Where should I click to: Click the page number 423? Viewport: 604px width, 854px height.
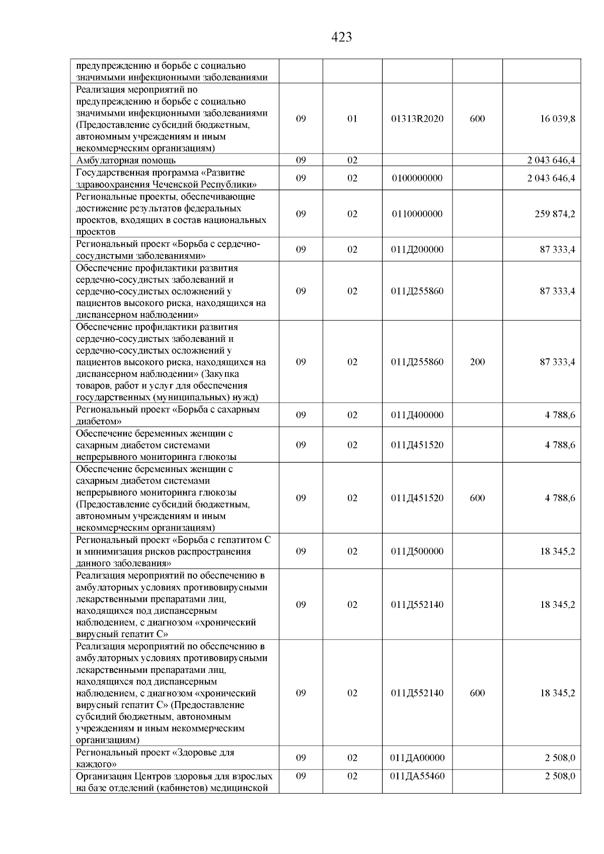pyautogui.click(x=342, y=37)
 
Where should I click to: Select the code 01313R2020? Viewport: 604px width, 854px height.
pyautogui.click(x=417, y=119)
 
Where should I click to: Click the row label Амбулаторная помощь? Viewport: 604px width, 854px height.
pyautogui.click(x=126, y=161)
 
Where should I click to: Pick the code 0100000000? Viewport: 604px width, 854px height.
pyautogui.click(x=417, y=178)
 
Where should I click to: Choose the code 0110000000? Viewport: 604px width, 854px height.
pyautogui.click(x=417, y=214)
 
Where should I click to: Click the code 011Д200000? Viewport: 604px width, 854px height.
pyautogui.click(x=417, y=250)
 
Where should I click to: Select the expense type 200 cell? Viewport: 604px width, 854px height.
pyautogui.click(x=477, y=362)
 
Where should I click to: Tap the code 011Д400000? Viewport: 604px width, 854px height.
pyautogui.click(x=417, y=415)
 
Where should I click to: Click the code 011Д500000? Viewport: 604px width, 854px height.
pyautogui.click(x=417, y=551)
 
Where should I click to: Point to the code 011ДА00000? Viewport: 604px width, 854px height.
pyautogui.click(x=417, y=758)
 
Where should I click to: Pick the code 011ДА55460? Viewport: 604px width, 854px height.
pyautogui.click(x=417, y=776)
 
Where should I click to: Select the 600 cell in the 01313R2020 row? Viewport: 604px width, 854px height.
pyautogui.click(x=477, y=119)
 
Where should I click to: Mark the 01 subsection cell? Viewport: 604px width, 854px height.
pyautogui.click(x=352, y=119)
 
